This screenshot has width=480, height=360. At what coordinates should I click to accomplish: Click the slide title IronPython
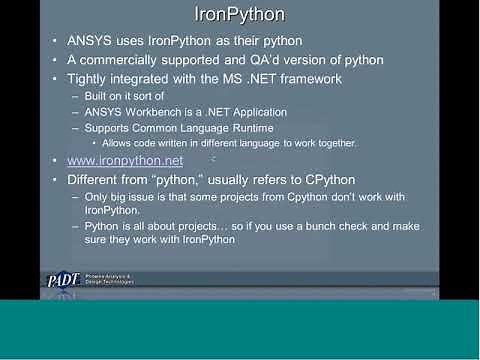tap(239, 16)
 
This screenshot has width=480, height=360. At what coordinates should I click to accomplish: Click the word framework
tap(308, 79)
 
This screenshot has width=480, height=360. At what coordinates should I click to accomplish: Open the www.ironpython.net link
tap(125, 160)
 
